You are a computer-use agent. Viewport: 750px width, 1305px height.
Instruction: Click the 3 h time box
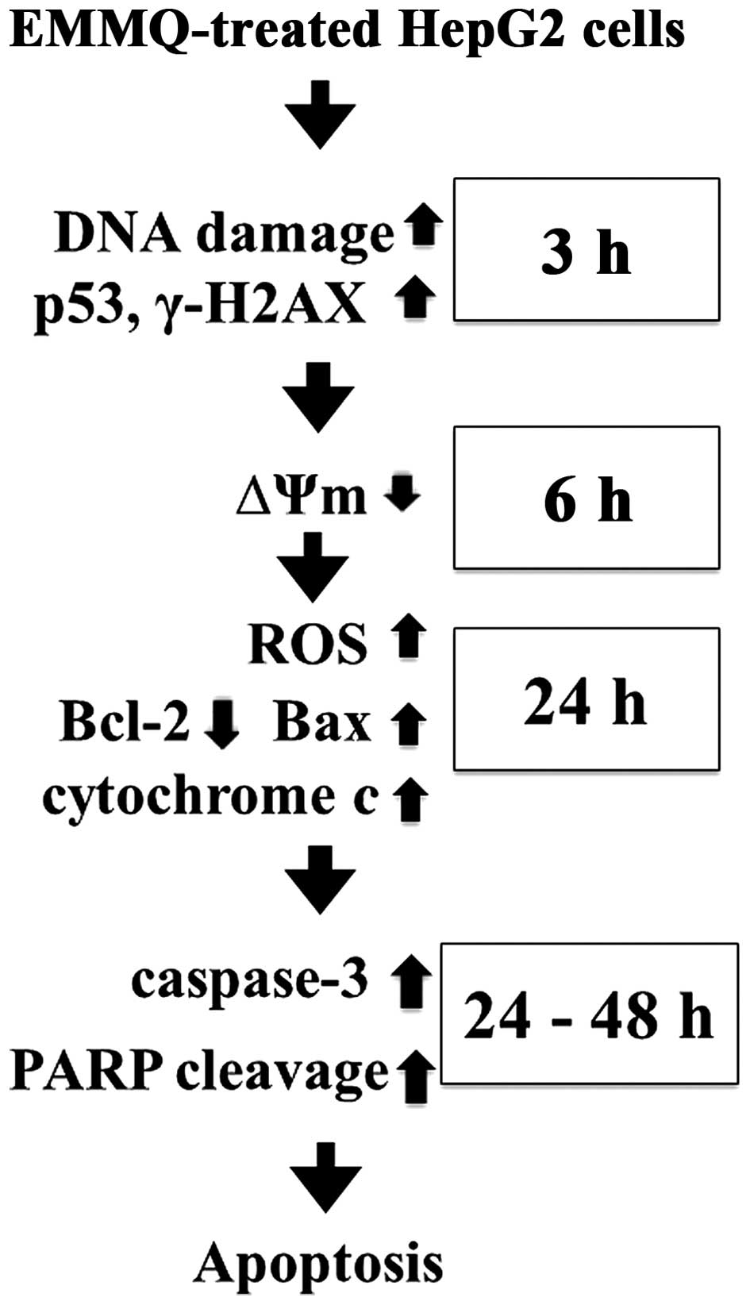(x=587, y=249)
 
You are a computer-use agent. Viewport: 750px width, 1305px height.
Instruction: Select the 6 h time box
(x=587, y=498)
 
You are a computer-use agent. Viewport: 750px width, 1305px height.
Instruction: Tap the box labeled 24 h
(x=587, y=699)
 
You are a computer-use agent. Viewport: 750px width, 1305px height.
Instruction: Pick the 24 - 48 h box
(x=589, y=1014)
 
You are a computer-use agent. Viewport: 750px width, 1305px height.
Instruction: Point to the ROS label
(x=308, y=643)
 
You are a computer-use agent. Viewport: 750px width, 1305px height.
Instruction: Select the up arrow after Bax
(x=409, y=724)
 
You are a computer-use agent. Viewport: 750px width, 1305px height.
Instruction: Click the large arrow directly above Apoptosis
(x=325, y=1176)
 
